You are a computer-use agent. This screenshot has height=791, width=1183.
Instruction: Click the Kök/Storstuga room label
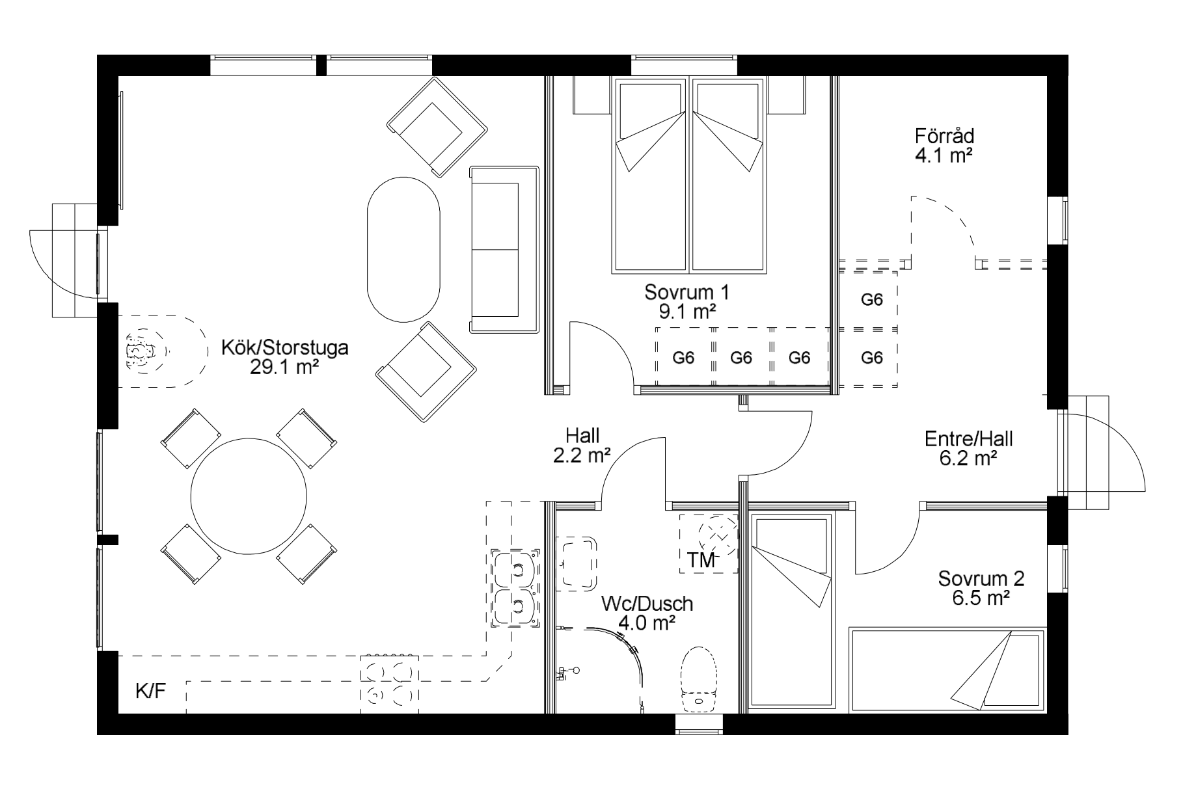tap(285, 348)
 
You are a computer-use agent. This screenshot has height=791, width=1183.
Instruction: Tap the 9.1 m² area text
tap(687, 312)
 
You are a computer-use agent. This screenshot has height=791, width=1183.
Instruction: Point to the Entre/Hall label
tap(969, 439)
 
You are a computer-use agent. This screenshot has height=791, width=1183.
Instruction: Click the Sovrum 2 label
tap(981, 578)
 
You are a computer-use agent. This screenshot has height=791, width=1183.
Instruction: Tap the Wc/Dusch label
tap(647, 604)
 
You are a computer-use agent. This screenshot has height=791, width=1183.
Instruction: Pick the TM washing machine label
tap(701, 560)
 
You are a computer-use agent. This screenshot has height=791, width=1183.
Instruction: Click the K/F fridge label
tap(150, 691)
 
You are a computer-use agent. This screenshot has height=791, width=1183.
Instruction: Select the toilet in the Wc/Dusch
tap(698, 679)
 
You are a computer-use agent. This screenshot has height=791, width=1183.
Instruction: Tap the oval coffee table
tap(403, 249)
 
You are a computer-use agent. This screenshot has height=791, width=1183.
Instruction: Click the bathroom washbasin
tap(577, 563)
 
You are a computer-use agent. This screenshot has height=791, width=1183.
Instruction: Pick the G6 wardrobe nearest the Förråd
tap(871, 299)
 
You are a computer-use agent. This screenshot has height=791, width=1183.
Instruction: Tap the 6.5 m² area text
tap(981, 598)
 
